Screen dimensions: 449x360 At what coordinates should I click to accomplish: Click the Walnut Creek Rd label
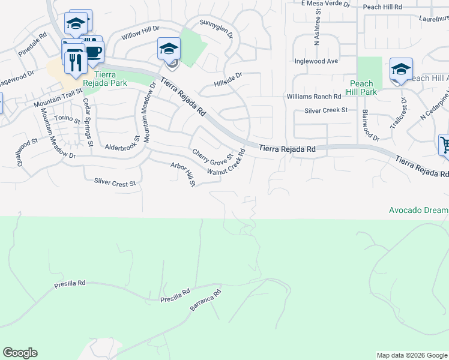click(x=228, y=162)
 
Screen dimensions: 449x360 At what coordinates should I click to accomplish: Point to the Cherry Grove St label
click(x=212, y=154)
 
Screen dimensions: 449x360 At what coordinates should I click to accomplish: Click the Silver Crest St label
click(x=115, y=182)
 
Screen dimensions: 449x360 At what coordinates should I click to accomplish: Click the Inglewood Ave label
click(x=316, y=61)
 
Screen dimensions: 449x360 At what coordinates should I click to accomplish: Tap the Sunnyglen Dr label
click(x=215, y=30)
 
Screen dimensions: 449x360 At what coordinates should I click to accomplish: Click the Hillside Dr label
click(x=228, y=77)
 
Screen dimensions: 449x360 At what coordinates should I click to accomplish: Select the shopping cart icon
click(x=445, y=145)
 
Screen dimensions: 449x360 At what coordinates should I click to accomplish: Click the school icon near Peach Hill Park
click(x=400, y=68)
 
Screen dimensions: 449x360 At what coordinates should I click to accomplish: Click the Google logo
click(x=20, y=353)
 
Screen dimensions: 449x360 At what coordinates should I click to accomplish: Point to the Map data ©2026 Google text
click(x=411, y=355)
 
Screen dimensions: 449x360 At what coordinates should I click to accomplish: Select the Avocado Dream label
click(x=418, y=210)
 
